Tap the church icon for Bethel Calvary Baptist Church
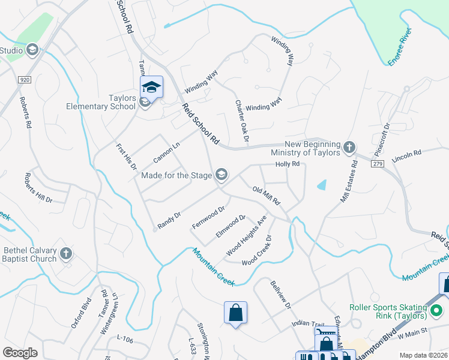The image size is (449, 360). (x=67, y=254)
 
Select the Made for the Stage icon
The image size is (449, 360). (x=221, y=175)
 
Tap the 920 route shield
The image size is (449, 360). (x=25, y=79)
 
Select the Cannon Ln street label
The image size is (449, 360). (x=166, y=152)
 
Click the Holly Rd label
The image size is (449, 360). (x=287, y=164)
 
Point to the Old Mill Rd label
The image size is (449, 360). (x=267, y=196)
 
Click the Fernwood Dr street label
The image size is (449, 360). (x=208, y=217)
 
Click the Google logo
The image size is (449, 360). (x=20, y=353)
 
